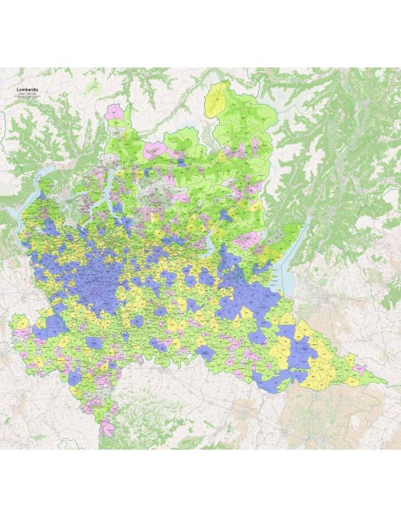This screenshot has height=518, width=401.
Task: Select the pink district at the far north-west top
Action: coord(114,112)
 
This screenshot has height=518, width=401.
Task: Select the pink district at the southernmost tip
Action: coord(109,427)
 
